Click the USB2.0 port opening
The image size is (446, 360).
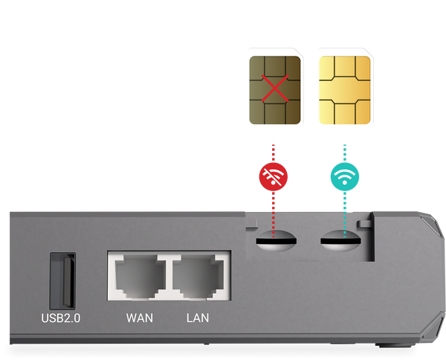[62, 280]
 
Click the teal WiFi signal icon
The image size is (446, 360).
[343, 177]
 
